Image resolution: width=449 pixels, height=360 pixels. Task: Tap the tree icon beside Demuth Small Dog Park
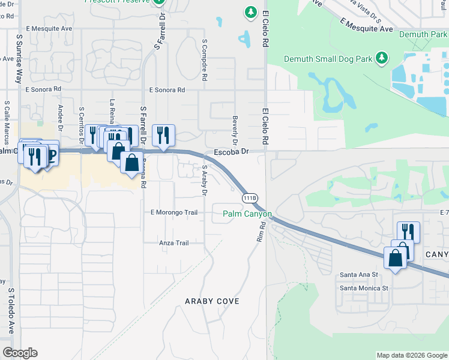[381, 58]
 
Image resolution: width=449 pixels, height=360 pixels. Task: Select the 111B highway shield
[250, 197]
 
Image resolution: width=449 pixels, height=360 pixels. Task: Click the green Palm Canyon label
[247, 214]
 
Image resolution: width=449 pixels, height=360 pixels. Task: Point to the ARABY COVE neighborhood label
[212, 301]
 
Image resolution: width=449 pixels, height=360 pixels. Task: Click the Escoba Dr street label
[231, 152]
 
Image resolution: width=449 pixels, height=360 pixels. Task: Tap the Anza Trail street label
[174, 243]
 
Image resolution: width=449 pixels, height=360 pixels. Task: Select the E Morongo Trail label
[173, 212]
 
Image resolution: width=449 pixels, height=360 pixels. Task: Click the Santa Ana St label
[358, 274]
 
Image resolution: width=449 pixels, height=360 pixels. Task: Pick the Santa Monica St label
[364, 288]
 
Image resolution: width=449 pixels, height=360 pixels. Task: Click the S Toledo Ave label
[11, 310]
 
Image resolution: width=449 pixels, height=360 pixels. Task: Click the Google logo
[20, 353]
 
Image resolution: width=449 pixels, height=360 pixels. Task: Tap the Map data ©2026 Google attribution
[411, 355]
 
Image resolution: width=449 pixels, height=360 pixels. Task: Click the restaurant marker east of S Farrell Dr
[163, 136]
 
